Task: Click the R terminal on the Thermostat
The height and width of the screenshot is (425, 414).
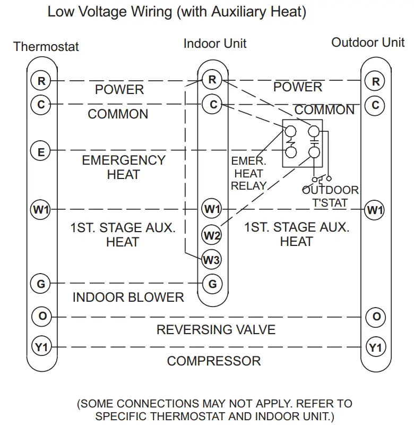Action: tap(41, 81)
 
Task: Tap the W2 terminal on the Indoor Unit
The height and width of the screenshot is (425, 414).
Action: tap(212, 234)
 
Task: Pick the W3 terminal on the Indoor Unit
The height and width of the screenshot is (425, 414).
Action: tap(211, 260)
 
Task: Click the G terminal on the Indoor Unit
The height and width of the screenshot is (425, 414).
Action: tap(212, 284)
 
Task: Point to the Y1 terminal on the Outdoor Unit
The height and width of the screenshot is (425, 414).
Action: tap(375, 348)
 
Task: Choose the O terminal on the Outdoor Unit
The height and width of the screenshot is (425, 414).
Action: tap(376, 317)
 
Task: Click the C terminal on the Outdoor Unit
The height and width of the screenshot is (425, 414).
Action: tap(375, 105)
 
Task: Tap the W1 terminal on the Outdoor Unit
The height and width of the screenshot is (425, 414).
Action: tap(375, 210)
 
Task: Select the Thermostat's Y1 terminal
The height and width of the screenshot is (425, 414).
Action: tap(41, 347)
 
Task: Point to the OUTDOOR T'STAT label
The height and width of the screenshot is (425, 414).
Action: tap(330, 196)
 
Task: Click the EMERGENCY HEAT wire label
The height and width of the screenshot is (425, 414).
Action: tap(123, 167)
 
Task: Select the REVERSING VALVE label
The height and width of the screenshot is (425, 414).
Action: tap(216, 330)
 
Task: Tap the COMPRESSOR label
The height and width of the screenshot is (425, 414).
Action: tap(214, 361)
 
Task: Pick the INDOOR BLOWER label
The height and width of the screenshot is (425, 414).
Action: tap(128, 297)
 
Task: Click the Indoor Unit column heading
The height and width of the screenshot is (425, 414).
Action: tap(215, 44)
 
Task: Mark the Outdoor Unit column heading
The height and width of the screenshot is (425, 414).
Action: tap(368, 42)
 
